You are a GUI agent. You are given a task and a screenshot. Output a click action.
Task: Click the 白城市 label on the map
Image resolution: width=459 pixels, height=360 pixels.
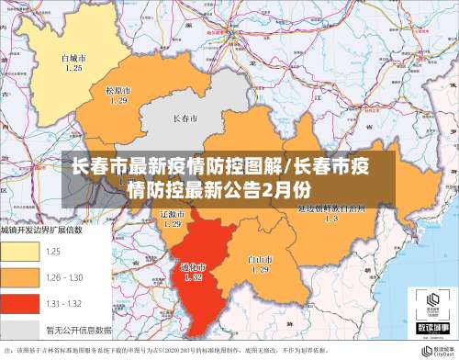(x=73, y=58)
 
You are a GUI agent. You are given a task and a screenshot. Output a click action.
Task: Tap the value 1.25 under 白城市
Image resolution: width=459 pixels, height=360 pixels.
(x=73, y=68)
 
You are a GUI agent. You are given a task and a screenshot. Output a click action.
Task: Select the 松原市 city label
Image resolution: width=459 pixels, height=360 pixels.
(x=118, y=90)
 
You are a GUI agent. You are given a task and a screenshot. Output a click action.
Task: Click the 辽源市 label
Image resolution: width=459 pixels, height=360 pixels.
(x=172, y=212)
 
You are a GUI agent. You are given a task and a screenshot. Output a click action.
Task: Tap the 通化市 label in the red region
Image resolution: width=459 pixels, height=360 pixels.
(x=193, y=266)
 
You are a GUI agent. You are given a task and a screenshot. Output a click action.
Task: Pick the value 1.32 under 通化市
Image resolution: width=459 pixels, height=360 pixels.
(x=193, y=276)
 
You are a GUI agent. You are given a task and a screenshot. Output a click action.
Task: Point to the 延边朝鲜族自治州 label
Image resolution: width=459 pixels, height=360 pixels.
(x=331, y=208)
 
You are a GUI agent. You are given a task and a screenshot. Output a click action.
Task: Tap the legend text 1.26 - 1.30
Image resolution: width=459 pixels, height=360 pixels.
(x=66, y=276)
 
